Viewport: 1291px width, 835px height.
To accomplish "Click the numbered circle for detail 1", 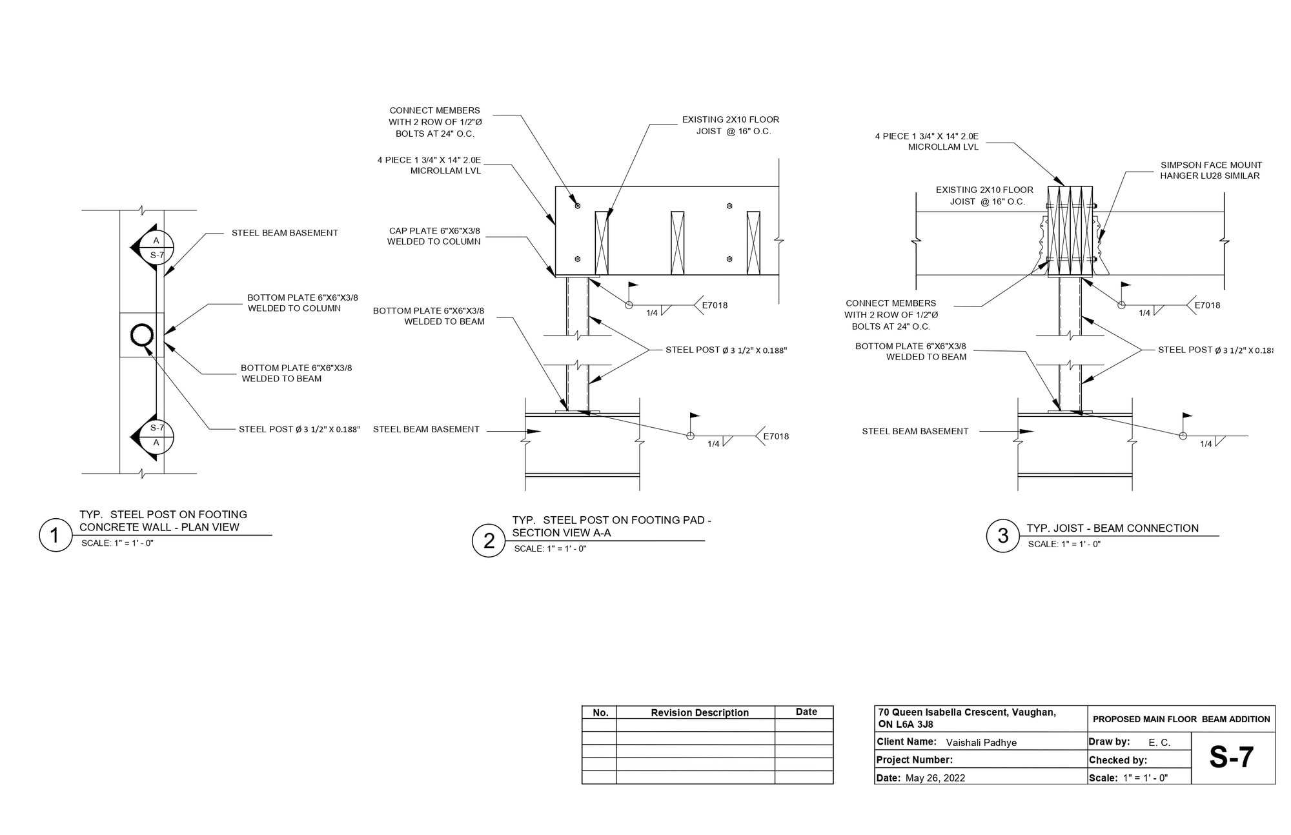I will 56,535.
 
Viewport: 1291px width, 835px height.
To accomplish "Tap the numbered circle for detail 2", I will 489,540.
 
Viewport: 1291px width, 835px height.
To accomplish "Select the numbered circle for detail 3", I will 1002,536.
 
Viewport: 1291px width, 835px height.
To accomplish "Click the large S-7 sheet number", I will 1232,758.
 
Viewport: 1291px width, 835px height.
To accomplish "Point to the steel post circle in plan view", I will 141,334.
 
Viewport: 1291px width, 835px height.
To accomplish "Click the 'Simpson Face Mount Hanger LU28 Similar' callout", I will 1210,170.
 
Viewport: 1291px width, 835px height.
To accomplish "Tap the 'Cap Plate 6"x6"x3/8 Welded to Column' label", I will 434,236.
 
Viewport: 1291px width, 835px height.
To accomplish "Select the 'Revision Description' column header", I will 699,712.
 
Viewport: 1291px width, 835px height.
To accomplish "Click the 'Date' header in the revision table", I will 806,712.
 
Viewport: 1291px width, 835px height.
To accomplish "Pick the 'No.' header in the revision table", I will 600,712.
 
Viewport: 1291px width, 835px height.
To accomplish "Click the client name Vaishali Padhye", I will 981,742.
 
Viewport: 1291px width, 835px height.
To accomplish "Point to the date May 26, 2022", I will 935,778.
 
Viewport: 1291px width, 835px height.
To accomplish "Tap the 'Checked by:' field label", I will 1117,760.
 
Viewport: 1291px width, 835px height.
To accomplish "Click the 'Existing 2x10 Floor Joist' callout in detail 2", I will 730,125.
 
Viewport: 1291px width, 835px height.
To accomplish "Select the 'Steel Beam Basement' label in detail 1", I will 285,233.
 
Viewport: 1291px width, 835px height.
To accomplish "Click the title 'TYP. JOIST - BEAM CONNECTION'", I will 1112,528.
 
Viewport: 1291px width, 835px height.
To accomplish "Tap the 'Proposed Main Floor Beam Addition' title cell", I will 1181,719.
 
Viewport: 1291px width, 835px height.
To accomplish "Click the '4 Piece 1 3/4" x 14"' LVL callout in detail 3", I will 926,141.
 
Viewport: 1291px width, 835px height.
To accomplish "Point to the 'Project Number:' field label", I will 914,760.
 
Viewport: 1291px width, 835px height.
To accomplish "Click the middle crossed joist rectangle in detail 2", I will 677,243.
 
